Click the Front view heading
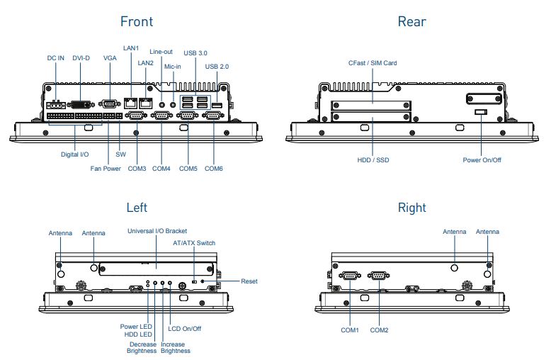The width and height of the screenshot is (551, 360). coord(137,21)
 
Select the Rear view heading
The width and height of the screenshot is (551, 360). coord(411,21)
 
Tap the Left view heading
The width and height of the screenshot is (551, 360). coord(137,208)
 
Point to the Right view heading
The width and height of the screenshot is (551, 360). coord(411,208)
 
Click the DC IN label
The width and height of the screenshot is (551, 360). coord(56,58)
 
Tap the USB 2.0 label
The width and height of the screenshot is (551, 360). coord(217,67)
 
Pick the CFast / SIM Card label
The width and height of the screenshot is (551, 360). coord(372,63)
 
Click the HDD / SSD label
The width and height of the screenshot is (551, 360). coord(373,160)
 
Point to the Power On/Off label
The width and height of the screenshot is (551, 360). coord(482,160)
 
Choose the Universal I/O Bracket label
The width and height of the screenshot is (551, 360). coord(156,231)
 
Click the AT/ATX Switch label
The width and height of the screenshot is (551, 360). coord(194,243)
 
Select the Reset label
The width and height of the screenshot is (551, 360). coord(249,281)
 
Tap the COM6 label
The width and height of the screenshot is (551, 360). coord(214,169)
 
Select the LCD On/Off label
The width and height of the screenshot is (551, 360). coord(186,329)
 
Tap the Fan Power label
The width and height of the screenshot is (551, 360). coord(106,169)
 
